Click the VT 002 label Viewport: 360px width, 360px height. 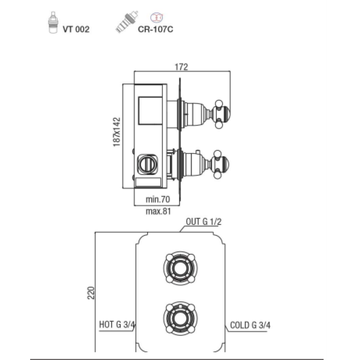click(76, 29)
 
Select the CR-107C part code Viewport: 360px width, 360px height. click(155, 29)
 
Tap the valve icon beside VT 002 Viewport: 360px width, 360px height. click(53, 22)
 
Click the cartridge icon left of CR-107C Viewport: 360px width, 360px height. click(126, 22)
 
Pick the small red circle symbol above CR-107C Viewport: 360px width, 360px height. click(157, 18)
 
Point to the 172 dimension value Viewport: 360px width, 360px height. click(181, 67)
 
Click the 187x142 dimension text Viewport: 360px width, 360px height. click(117, 132)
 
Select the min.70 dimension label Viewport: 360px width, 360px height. click(158, 199)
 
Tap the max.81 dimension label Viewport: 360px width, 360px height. click(158, 211)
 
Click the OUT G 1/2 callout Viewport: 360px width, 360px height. click(204, 221)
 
